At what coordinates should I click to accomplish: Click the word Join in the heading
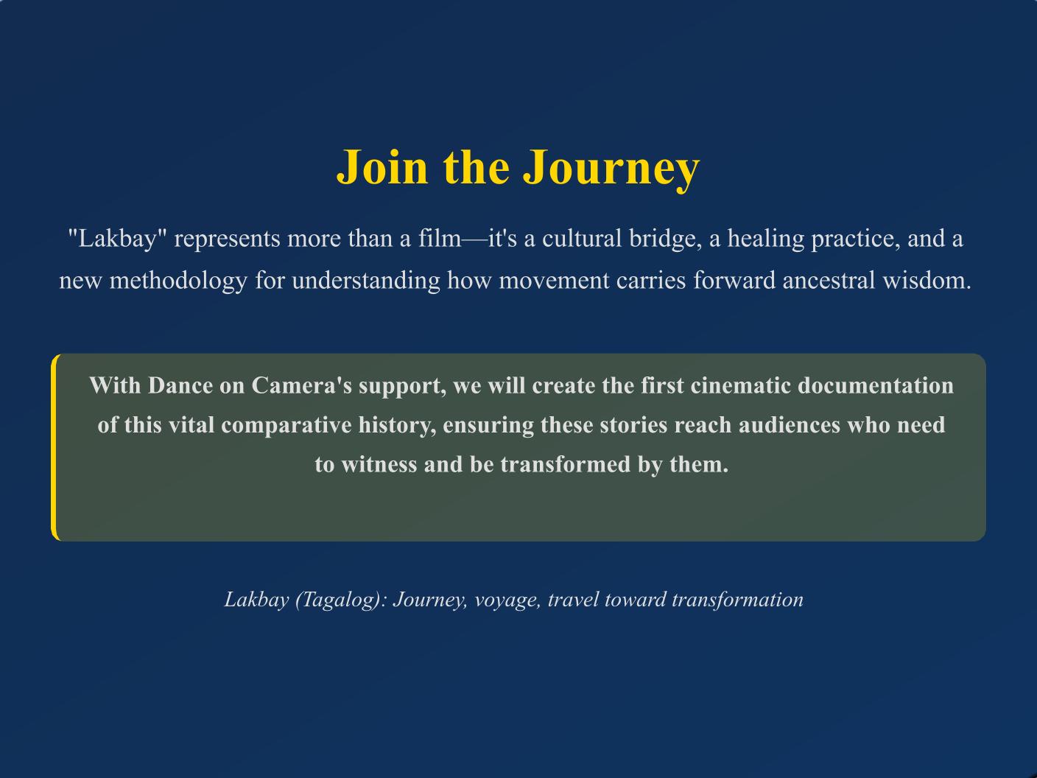[x=382, y=167]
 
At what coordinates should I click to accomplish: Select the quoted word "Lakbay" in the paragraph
[x=118, y=239]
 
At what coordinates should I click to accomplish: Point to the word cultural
[x=582, y=238]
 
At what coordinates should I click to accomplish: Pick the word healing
[x=766, y=239]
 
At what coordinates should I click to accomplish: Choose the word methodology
[x=178, y=281]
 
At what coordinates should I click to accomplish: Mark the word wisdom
[x=927, y=281]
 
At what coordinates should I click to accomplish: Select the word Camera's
[x=302, y=385]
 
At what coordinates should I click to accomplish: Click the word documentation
[x=876, y=385]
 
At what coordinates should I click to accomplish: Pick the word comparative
[x=287, y=426]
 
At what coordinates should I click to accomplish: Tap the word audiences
[x=790, y=425]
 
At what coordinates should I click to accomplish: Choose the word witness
[x=379, y=464]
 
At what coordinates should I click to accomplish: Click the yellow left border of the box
[x=54, y=447]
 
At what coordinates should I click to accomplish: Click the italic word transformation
[x=737, y=600]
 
